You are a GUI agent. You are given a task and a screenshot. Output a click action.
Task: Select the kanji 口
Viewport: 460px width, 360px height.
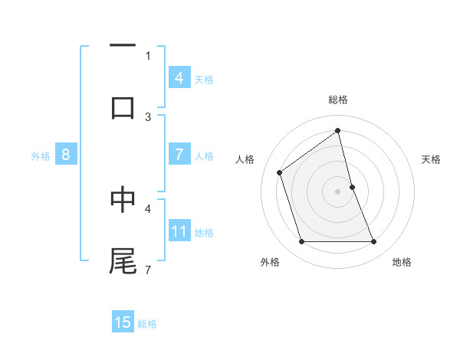click(x=123, y=107)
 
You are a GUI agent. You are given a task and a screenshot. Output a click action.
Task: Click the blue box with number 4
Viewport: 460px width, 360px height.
click(x=179, y=78)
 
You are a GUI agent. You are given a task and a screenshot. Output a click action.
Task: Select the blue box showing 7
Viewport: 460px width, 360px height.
click(x=179, y=155)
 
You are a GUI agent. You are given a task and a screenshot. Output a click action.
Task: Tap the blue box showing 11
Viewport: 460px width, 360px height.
click(x=179, y=231)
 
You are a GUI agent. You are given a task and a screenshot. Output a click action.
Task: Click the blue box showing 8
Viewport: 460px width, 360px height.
click(x=65, y=155)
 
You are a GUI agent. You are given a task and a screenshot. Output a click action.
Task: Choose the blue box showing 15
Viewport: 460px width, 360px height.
click(x=123, y=322)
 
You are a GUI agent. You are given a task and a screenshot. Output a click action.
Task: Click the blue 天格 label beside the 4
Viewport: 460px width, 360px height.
click(x=203, y=79)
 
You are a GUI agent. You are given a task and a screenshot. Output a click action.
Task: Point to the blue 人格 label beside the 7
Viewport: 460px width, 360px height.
click(x=203, y=155)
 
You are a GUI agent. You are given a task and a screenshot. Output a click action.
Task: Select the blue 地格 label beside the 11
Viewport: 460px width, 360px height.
click(x=203, y=232)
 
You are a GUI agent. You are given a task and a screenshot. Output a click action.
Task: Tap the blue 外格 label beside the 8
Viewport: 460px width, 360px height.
click(x=40, y=155)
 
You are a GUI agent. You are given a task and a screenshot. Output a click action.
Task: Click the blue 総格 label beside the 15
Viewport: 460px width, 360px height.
click(x=147, y=324)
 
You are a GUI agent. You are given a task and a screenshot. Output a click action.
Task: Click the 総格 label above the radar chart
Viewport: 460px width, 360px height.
click(x=337, y=100)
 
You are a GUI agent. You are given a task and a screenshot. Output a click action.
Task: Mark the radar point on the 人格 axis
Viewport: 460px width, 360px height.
click(x=280, y=172)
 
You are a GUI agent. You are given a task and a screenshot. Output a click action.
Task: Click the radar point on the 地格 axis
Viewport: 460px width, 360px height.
click(x=373, y=242)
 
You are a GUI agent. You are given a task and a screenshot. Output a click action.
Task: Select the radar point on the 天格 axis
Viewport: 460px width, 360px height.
click(x=352, y=187)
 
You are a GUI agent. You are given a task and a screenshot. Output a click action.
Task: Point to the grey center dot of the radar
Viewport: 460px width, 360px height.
click(x=337, y=191)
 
